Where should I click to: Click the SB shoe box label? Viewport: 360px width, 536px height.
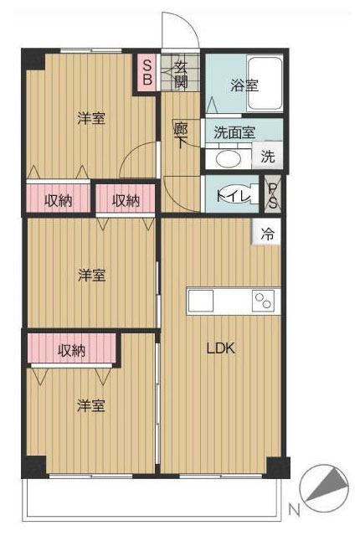[147, 73]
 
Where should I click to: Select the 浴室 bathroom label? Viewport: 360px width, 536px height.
[244, 85]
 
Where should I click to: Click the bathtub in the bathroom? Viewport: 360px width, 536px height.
[265, 84]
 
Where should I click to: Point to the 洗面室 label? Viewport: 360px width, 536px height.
[234, 132]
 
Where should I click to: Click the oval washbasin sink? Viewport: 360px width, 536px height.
[229, 159]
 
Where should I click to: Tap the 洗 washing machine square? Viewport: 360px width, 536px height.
[267, 156]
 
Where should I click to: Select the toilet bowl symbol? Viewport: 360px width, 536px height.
[236, 194]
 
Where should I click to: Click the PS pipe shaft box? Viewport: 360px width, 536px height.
[272, 193]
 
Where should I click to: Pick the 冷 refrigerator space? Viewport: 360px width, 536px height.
[267, 232]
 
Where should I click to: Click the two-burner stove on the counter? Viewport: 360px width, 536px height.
[263, 301]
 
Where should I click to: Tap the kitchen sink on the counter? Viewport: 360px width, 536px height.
[200, 301]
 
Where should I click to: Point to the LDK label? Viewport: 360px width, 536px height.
[221, 348]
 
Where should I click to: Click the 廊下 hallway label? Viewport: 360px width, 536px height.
[181, 135]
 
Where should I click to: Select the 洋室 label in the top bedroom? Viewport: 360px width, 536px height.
[91, 118]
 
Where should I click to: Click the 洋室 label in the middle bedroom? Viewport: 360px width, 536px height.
[91, 276]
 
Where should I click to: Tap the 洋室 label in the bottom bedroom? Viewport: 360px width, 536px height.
[90, 405]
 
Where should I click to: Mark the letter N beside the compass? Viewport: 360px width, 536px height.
[294, 510]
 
